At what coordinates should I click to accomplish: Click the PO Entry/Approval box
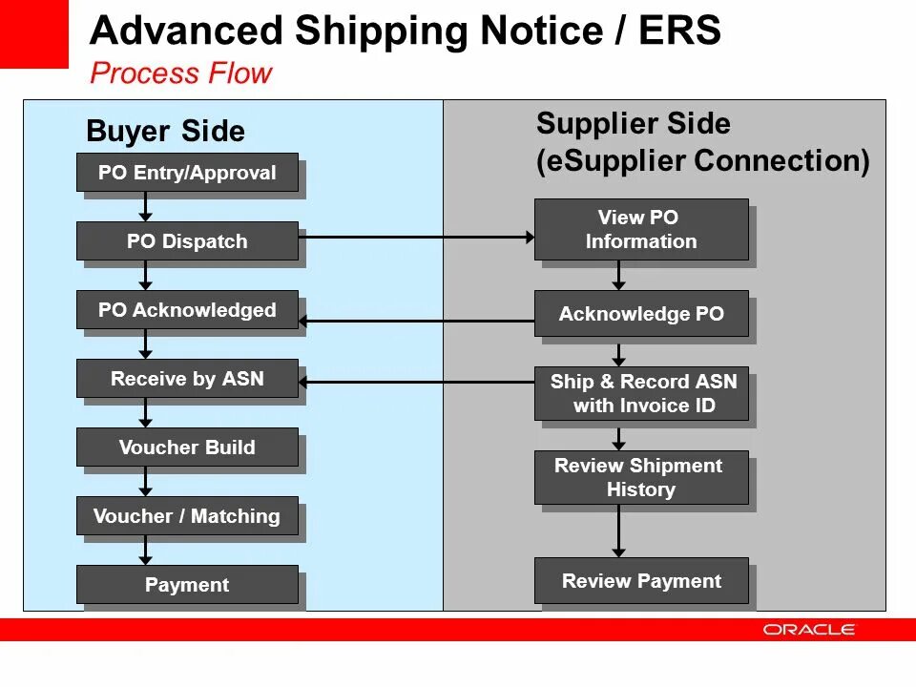coord(187,173)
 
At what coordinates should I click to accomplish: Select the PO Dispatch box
coord(187,241)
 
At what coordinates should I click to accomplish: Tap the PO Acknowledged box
coord(187,310)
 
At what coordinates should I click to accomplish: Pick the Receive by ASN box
coord(187,379)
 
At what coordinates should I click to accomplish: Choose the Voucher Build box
coord(187,448)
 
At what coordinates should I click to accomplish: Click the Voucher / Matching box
coord(187,516)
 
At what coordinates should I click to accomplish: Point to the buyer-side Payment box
coord(187,585)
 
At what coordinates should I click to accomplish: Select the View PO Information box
coord(641,230)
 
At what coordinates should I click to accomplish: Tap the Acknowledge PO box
coord(641,314)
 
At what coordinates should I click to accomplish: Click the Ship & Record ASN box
coord(641,394)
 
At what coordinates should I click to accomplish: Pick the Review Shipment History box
coord(641,478)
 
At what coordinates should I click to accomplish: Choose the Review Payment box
coord(641,581)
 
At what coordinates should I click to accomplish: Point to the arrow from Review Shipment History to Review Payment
coord(618,531)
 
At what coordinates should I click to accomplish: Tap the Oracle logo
coord(809,630)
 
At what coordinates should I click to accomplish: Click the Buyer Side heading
coord(165,132)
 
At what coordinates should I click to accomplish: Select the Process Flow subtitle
coord(181,73)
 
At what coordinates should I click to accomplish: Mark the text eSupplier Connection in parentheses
coord(703,160)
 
